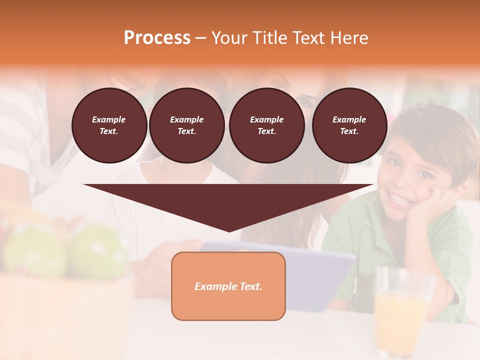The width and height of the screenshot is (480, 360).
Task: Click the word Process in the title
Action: point(157,38)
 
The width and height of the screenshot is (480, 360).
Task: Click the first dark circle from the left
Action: point(109,125)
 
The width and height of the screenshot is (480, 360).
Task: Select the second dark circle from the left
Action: point(186,125)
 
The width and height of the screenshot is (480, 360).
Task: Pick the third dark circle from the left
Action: point(266,125)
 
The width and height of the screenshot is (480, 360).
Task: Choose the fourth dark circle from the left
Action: point(349,125)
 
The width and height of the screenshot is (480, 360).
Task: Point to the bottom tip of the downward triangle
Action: point(229,231)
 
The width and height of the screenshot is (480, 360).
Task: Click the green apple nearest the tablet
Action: point(98,250)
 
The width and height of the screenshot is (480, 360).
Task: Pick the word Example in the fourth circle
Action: point(349,119)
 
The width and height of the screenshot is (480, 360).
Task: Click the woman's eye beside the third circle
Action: point(305,102)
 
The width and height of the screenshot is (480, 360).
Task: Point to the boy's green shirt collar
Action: point(370,220)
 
